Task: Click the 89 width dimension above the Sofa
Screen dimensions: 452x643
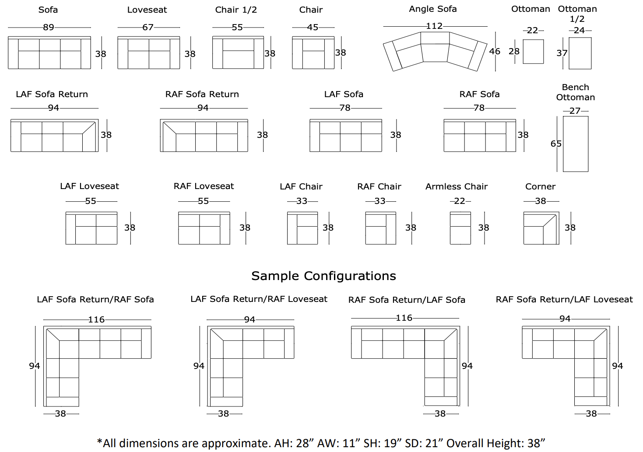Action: pos(48,27)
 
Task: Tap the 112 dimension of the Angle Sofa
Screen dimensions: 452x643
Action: pos(434,26)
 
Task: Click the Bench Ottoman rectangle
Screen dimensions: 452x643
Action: pos(575,144)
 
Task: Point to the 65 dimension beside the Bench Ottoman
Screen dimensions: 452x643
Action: pos(556,144)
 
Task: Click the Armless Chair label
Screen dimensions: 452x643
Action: pos(456,186)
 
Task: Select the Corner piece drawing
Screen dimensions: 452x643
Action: pos(541,228)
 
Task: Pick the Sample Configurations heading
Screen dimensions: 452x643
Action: pos(323,276)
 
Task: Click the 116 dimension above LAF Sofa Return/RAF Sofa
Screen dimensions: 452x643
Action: pos(96,319)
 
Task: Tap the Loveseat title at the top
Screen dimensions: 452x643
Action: pos(147,10)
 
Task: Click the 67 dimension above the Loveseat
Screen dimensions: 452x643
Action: pos(148,27)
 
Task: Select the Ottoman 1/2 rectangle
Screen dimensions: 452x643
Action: pos(580,53)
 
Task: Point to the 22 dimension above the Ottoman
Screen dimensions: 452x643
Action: pos(532,30)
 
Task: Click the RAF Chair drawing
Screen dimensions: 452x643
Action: pos(380,228)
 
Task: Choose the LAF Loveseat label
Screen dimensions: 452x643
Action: pos(89,186)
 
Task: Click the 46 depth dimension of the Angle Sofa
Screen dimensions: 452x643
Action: pos(495,51)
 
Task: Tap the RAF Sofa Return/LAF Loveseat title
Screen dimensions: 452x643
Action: pos(564,299)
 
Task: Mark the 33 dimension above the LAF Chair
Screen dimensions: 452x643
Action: pos(302,201)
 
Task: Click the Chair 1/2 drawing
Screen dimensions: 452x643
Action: pos(238,53)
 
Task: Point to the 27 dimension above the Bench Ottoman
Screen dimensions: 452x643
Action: pos(575,111)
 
